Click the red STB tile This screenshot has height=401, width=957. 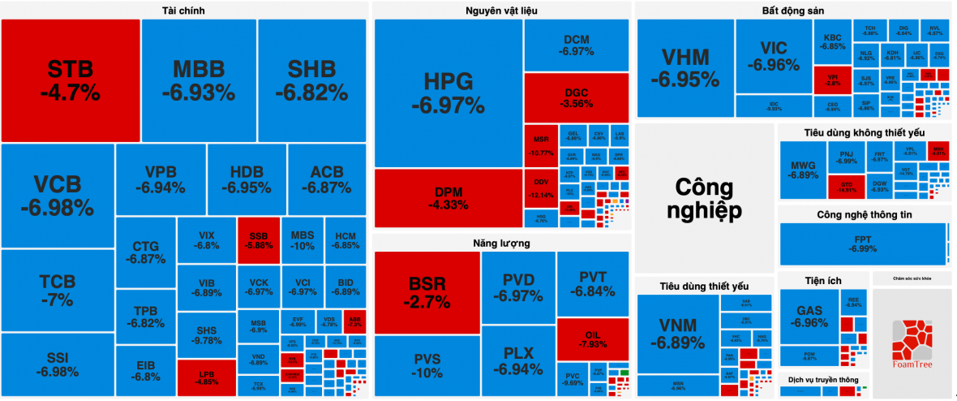[71, 80]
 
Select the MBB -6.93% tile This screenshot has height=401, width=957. [199, 80]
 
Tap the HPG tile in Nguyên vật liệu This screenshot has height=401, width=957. [448, 93]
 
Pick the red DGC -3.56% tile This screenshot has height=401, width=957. [576, 97]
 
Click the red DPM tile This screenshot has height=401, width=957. [448, 198]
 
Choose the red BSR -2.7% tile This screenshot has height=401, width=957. [427, 292]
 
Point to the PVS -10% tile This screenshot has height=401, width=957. [427, 366]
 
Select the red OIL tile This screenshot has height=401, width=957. [592, 338]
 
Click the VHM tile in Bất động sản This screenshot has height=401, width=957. [684, 67]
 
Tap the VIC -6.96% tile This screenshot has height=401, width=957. [774, 55]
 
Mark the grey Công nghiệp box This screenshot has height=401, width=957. [704, 198]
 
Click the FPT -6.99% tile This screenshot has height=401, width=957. [863, 244]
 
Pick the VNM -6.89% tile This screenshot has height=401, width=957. [677, 334]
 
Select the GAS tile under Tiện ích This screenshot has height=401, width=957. [809, 317]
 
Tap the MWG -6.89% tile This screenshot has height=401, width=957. [803, 170]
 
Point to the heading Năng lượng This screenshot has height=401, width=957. [502, 243]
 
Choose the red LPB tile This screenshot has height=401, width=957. [207, 377]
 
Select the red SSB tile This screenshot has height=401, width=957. [259, 239]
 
